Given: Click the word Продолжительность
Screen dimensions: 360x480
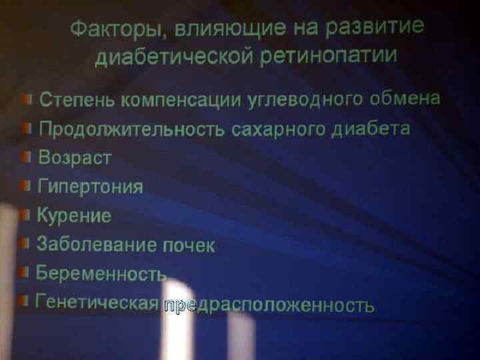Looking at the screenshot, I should point(131,129).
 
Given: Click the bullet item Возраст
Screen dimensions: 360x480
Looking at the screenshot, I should point(75,159).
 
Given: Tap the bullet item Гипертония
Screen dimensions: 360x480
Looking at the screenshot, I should point(90,187).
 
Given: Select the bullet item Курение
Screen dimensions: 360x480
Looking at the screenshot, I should point(74,215).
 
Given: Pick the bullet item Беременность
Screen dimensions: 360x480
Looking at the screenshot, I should point(101,274).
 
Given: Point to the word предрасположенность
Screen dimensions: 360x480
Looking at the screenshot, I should point(269,305).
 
